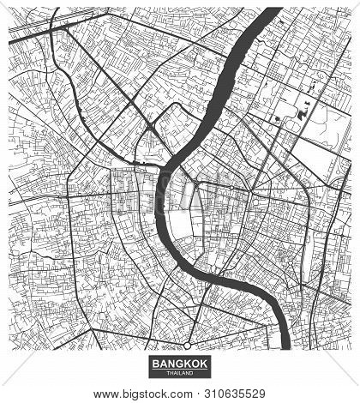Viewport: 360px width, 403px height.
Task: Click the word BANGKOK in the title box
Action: coord(179,364)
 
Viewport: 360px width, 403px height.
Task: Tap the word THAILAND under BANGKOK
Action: coord(179,374)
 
